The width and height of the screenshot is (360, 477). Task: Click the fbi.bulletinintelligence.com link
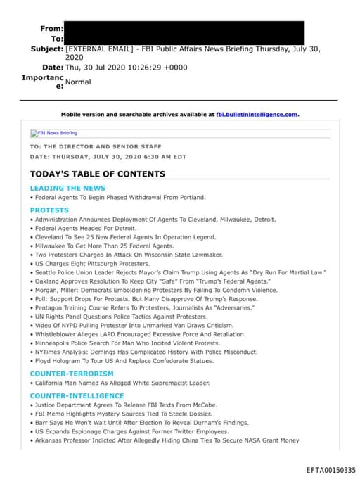[257, 114]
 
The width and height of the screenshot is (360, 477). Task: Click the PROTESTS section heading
[49, 210]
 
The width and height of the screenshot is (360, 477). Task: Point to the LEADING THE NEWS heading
[67, 188]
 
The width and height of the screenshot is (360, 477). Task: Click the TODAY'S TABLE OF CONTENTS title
[97, 173]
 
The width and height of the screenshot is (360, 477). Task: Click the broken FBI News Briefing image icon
[34, 133]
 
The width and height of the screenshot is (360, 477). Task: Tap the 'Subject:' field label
[46, 49]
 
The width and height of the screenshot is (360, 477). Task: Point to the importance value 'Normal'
[78, 82]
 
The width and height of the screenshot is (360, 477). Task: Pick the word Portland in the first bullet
[191, 198]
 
